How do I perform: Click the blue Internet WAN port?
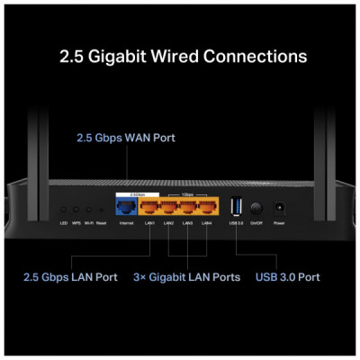tap(125, 206)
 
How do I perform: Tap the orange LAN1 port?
tap(149, 206)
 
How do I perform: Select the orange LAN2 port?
tap(169, 206)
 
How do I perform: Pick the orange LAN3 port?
tap(188, 206)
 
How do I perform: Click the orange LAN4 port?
tap(207, 206)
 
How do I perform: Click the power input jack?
tap(279, 207)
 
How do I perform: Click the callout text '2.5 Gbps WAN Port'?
tap(125, 139)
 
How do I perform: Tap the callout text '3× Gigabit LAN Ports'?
tap(187, 277)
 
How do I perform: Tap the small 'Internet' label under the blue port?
tap(125, 222)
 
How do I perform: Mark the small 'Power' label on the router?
tap(279, 222)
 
